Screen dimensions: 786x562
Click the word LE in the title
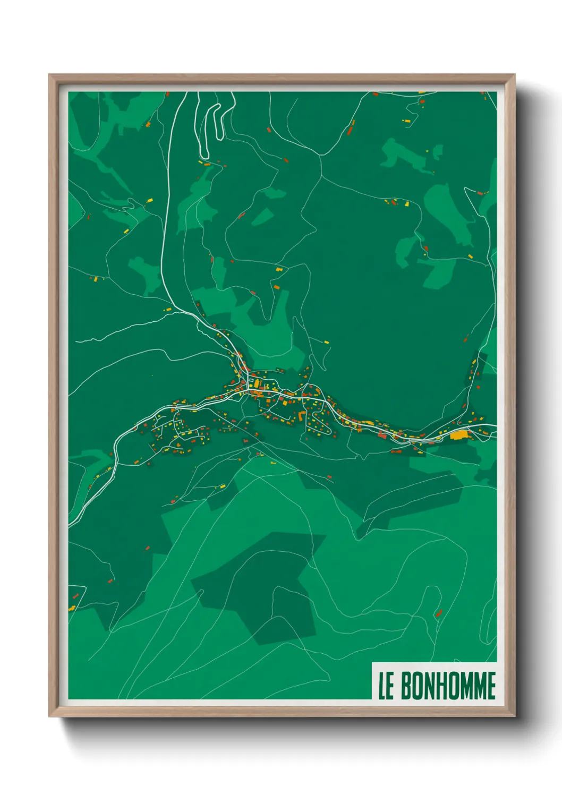pos(386,686)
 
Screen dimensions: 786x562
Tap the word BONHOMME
pos(448,686)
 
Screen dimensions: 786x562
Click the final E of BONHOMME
pos(491,686)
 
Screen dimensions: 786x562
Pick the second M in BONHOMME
pos(479,686)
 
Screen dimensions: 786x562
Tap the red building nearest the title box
pos(439,613)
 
